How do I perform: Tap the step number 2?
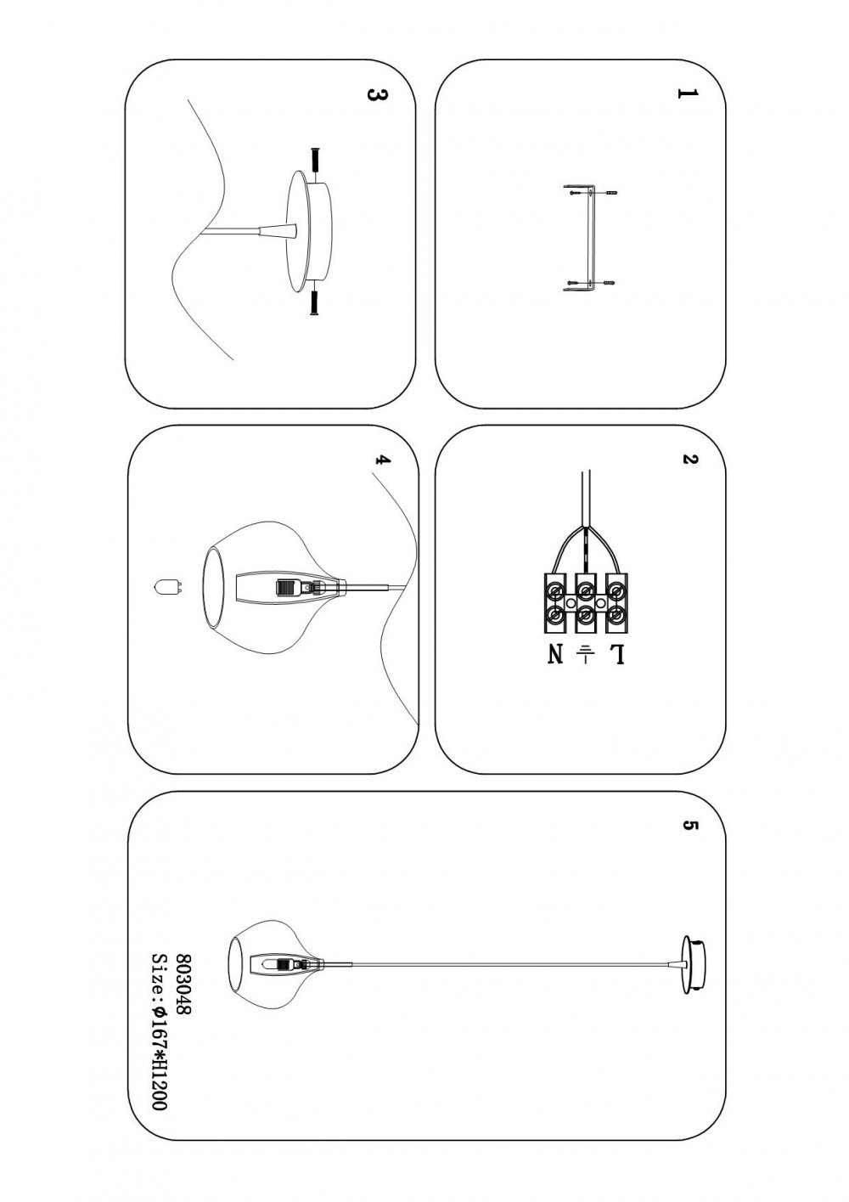tap(689, 460)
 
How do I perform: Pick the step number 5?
tap(689, 826)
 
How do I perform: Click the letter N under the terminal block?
tap(556, 654)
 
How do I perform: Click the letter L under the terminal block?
tap(616, 654)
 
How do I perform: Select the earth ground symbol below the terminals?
tap(585, 654)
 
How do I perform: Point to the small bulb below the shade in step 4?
tap(166, 586)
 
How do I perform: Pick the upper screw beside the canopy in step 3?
tap(316, 160)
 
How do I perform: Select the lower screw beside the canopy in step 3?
tap(316, 302)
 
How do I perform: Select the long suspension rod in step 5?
tap(501, 964)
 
